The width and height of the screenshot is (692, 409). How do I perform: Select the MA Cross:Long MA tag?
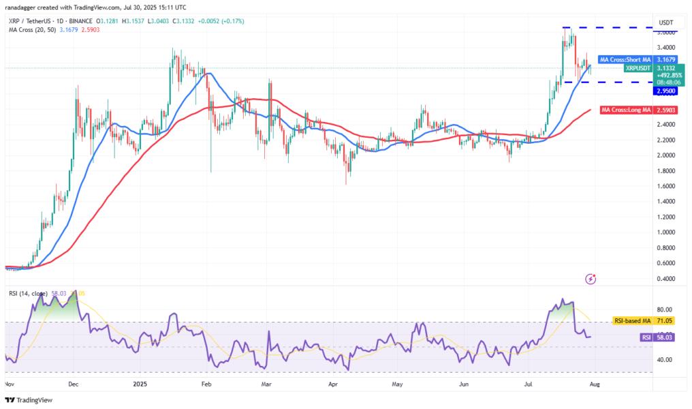click(623, 110)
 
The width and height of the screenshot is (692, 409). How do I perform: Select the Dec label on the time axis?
click(74, 384)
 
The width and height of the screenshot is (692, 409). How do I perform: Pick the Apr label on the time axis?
click(333, 384)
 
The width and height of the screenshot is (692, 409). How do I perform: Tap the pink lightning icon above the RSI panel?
click(591, 279)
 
